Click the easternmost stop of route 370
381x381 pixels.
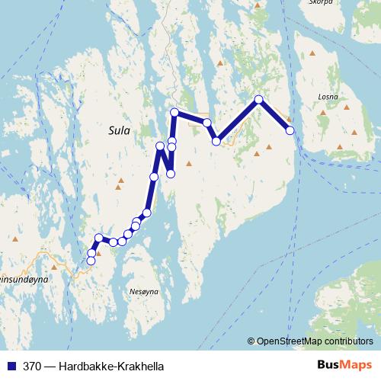[x=290, y=130]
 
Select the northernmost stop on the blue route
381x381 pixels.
[x=259, y=100]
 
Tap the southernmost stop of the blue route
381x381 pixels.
[x=91, y=261]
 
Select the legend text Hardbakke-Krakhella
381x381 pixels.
[x=114, y=365]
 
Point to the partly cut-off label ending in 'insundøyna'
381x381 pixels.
[x=24, y=280]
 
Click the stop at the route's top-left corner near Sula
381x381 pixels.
[x=174, y=113]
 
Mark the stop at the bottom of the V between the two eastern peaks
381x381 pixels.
[x=216, y=140]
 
